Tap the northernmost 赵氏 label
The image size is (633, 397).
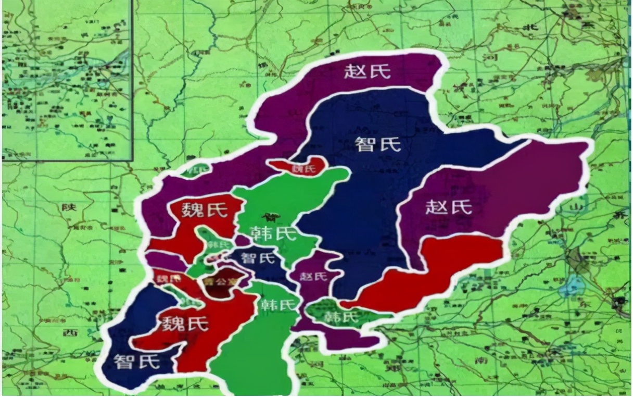pyautogui.click(x=367, y=71)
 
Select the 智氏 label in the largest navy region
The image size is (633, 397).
pyautogui.click(x=378, y=144)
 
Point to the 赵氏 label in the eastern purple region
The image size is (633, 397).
pyautogui.click(x=449, y=207)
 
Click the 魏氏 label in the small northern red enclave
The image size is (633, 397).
pyautogui.click(x=303, y=169)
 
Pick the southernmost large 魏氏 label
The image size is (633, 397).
pyautogui.click(x=185, y=324)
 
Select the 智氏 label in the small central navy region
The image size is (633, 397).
pyautogui.click(x=259, y=257)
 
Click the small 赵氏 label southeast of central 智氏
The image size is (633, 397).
pyautogui.click(x=313, y=276)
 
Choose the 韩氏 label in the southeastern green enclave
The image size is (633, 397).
pyautogui.click(x=341, y=316)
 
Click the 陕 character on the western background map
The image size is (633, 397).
pyautogui.click(x=69, y=207)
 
